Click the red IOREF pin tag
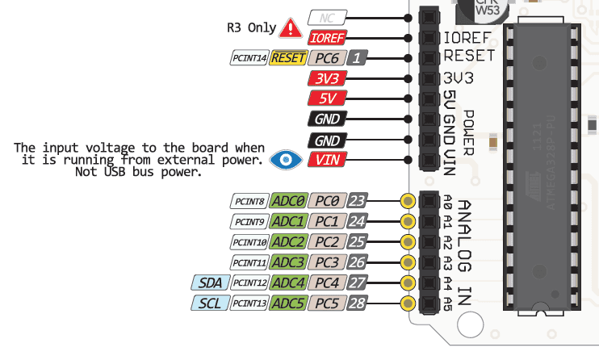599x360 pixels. [328, 37]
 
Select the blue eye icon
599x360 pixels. [283, 159]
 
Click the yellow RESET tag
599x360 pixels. [287, 58]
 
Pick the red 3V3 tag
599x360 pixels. [327, 78]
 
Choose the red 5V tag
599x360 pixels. [327, 98]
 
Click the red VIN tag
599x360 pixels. [327, 159]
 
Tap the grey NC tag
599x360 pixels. [328, 17]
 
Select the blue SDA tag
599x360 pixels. [210, 283]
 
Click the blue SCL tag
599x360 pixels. [210, 303]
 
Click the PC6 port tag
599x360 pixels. [328, 58]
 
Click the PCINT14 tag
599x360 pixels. [249, 58]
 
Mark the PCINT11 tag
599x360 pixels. [249, 262]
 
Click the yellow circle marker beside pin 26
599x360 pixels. [408, 262]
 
